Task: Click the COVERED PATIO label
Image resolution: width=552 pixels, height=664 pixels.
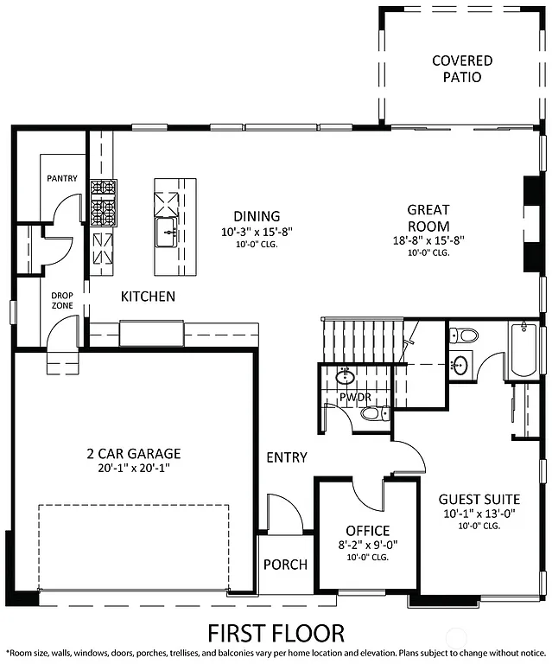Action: pos(462,69)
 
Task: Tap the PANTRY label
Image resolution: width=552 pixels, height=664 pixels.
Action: pos(62,179)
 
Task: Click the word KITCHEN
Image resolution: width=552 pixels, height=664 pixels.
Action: pos(148,297)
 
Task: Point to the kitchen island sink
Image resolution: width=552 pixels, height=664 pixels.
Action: pos(167,230)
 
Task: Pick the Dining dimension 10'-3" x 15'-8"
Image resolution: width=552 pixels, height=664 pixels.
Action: pos(257,231)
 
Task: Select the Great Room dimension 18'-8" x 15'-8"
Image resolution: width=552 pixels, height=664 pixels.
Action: pos(428,241)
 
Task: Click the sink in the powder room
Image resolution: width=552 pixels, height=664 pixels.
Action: pos(345,376)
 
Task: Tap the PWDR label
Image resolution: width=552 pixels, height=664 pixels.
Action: pos(354,399)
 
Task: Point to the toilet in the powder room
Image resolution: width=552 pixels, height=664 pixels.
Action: pos(372,414)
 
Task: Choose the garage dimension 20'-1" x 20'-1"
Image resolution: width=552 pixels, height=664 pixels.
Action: pos(133,468)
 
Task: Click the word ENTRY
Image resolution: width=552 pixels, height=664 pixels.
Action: pos(287,456)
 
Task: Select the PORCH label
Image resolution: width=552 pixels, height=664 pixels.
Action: pos(285,565)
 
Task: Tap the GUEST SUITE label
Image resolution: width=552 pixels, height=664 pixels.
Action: pos(479,499)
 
